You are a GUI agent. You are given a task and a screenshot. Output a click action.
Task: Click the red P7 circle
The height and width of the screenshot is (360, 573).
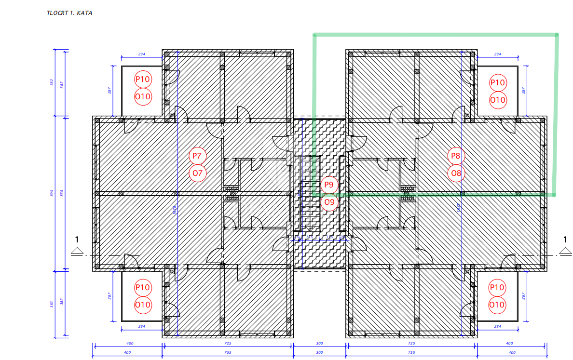[197, 156]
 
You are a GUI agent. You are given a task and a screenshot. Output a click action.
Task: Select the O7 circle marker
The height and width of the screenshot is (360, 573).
[197, 173]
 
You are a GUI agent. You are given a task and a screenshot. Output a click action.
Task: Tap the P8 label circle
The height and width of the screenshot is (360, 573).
[456, 156]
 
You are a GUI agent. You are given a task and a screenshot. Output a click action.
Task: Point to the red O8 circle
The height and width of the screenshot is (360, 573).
[456, 173]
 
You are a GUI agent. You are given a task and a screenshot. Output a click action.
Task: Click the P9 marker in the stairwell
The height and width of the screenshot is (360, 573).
[329, 185]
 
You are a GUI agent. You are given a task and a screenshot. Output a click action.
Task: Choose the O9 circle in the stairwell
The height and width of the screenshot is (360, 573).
[329, 202]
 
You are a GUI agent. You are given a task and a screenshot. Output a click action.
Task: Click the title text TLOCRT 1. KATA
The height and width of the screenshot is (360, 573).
[69, 13]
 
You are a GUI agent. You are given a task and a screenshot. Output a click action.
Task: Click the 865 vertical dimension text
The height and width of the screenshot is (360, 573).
[61, 193]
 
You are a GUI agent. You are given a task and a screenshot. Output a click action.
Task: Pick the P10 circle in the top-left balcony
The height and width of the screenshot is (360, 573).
[143, 79]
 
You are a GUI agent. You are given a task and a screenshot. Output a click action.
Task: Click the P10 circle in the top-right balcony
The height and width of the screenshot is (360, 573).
[498, 83]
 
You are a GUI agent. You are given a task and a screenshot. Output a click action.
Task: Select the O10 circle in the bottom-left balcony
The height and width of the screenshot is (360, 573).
[143, 305]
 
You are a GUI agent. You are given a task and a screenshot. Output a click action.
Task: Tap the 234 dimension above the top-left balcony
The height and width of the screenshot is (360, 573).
[141, 54]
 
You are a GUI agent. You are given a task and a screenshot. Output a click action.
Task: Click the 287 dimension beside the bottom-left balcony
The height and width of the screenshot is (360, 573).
[110, 295]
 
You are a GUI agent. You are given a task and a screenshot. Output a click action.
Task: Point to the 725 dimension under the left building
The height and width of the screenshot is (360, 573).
[228, 344]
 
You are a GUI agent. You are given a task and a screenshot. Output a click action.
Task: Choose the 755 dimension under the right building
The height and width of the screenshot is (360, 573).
[411, 352]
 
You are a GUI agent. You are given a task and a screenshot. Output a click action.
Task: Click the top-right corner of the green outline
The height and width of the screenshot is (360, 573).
[557, 35]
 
